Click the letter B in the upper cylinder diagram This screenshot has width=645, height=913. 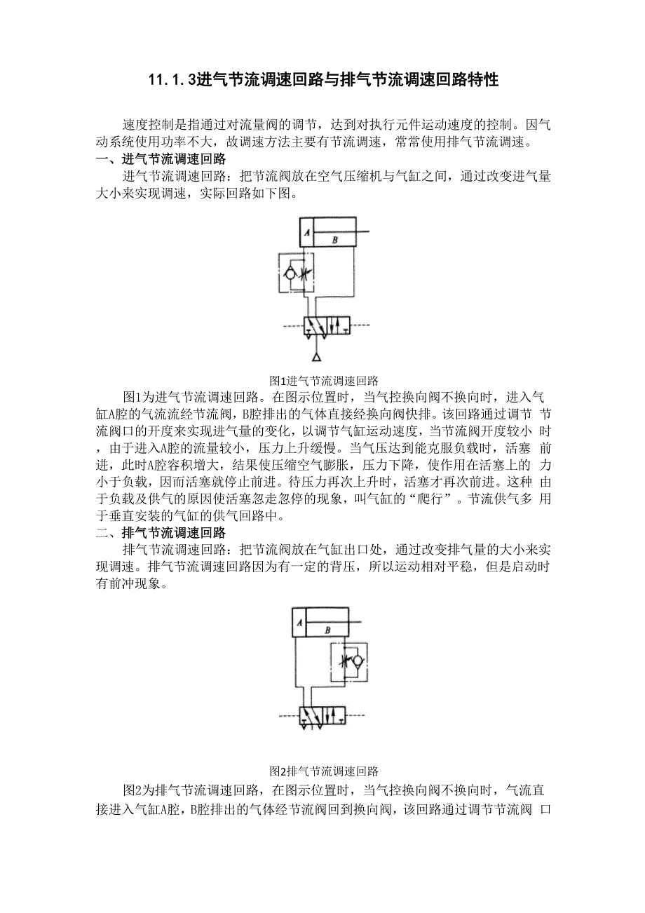[x=335, y=239]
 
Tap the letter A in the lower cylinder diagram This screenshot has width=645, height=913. [x=299, y=622]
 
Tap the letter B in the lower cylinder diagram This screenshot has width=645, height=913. [x=328, y=630]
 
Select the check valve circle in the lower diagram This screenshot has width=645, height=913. [x=357, y=661]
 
